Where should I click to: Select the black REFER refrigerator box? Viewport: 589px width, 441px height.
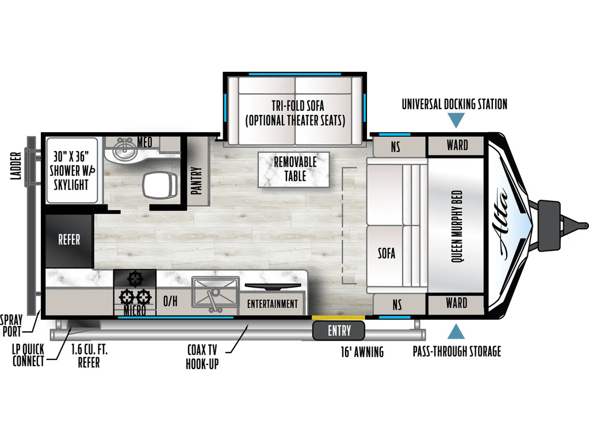pos(69,241)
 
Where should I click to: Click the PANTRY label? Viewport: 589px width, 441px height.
pos(197,181)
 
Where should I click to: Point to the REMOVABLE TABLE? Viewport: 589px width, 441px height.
pos(294,169)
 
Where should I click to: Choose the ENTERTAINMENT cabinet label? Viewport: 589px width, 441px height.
pos(272,304)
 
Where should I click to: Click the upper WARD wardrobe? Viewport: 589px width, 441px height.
pos(456,145)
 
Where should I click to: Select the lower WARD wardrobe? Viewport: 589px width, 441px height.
pos(456,304)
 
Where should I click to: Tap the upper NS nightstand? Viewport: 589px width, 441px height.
pos(399,146)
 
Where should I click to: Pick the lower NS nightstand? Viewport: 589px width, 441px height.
pos(399,304)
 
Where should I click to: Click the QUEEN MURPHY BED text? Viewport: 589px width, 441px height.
pos(456,226)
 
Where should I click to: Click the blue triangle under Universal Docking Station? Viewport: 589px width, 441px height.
pos(456,121)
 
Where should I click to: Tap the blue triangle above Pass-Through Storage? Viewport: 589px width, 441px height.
pos(456,331)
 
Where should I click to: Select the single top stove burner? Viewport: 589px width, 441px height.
pos(135,279)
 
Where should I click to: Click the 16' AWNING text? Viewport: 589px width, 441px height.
pos(362,352)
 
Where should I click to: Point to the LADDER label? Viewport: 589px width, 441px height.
pos(16,166)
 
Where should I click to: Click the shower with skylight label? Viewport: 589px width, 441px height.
pos(71,170)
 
